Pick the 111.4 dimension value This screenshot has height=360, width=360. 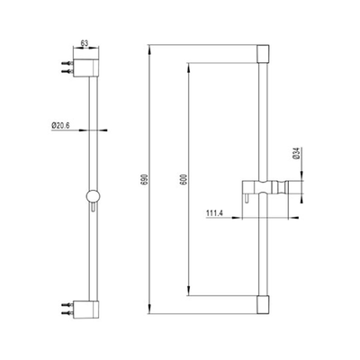[214, 214]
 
